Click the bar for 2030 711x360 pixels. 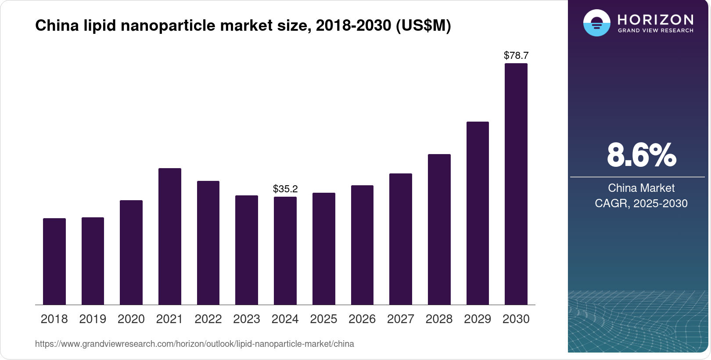(516, 184)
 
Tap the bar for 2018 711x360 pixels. (54, 261)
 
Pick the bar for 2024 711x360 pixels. (285, 251)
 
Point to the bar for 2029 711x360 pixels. (478, 213)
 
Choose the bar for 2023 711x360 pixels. (247, 250)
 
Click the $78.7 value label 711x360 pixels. (516, 56)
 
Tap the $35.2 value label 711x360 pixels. (285, 189)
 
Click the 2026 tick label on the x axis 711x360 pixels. (362, 319)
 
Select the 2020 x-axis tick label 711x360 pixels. (131, 319)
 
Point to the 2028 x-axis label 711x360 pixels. (439, 319)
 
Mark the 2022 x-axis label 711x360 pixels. (208, 319)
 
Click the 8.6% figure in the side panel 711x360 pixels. (641, 155)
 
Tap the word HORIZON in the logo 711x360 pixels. (655, 20)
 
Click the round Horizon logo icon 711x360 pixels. (596, 23)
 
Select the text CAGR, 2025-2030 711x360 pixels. (641, 203)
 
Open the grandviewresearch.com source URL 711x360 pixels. (194, 344)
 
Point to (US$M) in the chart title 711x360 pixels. (423, 25)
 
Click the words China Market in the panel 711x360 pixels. (641, 188)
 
